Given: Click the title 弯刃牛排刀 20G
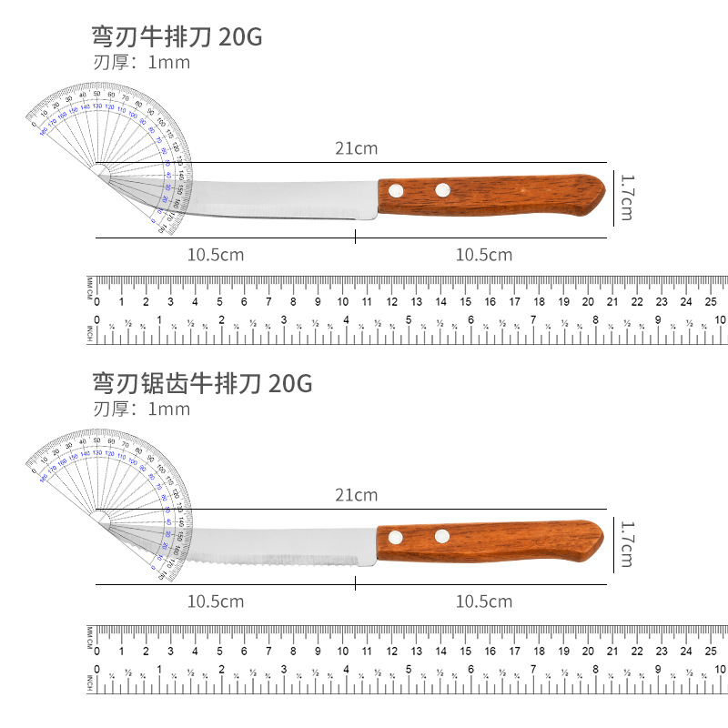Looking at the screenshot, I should click(x=177, y=37).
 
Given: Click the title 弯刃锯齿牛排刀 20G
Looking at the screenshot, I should click(x=201, y=383).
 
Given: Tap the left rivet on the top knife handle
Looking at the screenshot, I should click(x=397, y=190).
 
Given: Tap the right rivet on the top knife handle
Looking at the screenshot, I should click(x=443, y=189).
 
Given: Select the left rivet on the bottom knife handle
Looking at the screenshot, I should click(x=396, y=538).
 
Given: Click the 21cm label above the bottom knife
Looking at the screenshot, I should click(x=355, y=495).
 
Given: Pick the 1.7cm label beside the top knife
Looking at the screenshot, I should click(x=625, y=197).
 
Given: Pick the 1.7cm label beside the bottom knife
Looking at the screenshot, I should click(x=625, y=543).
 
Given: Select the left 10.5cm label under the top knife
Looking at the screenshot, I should click(x=216, y=255).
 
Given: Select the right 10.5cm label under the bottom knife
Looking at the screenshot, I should click(x=483, y=602).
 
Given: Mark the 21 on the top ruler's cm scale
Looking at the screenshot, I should click(x=613, y=302).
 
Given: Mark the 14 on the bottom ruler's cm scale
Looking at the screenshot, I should click(x=441, y=651).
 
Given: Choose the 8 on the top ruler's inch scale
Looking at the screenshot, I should click(x=596, y=319).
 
